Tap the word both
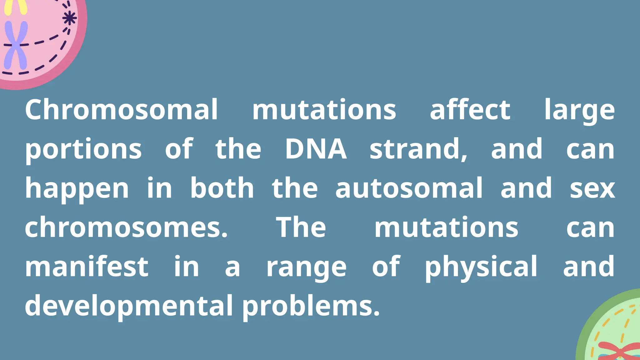click(222, 188)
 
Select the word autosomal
click(409, 188)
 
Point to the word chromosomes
click(126, 227)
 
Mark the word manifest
click(87, 267)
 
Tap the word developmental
click(129, 306)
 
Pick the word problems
click(311, 306)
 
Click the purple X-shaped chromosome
click(15, 45)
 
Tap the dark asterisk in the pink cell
click(69, 18)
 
